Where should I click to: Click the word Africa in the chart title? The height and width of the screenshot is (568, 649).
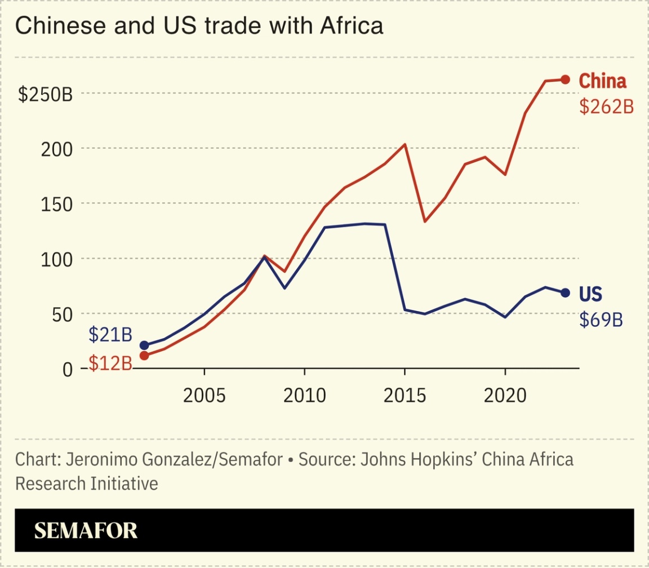click(353, 26)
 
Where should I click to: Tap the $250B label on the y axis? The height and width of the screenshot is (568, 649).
click(46, 95)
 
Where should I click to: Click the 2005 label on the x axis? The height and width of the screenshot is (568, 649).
click(205, 396)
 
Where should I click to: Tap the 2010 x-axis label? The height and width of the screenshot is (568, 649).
click(304, 396)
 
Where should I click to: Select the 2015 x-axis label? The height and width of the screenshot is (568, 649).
click(404, 396)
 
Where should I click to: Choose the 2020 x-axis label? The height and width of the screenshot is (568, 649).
click(505, 396)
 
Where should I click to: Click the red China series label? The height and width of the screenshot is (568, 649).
click(602, 81)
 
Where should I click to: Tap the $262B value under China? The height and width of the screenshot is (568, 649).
click(606, 106)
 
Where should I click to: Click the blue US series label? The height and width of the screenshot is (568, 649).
click(590, 294)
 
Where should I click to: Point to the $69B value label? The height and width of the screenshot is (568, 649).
click(601, 320)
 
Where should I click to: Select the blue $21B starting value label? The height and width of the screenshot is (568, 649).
click(110, 335)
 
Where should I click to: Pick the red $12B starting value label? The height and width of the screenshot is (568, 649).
click(110, 363)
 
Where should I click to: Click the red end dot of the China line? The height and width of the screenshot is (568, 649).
click(565, 79)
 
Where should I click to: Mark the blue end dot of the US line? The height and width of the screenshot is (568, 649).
click(565, 292)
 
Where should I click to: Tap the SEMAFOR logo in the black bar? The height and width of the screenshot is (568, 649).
click(86, 530)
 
